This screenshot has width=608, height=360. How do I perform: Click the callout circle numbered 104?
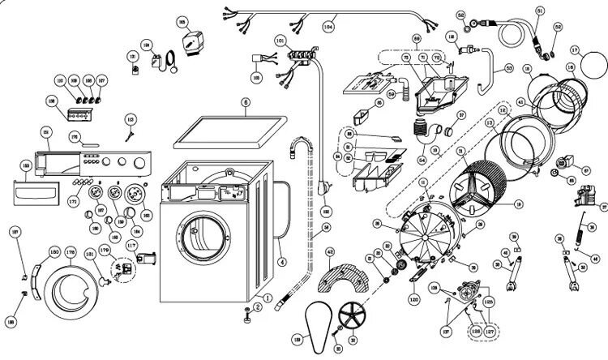(329, 26)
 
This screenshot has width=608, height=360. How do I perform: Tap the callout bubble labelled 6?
(245, 103)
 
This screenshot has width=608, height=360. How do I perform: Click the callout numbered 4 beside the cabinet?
(281, 261)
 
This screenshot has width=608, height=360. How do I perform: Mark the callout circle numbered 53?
(508, 70)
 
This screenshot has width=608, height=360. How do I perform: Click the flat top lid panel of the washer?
(230, 132)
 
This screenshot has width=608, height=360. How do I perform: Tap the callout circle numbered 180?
(55, 250)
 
